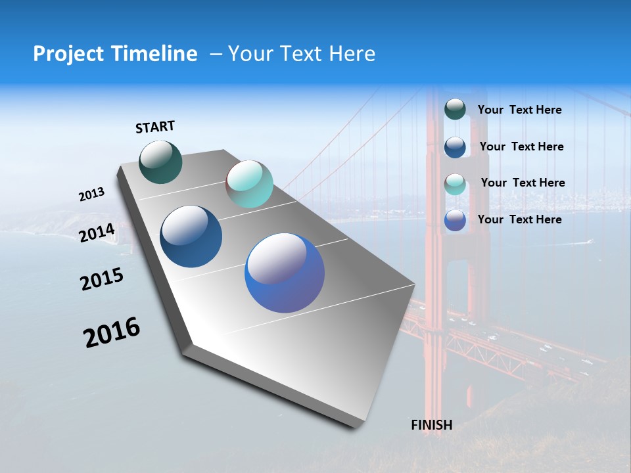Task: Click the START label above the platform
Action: click(x=155, y=127)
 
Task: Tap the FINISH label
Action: click(x=432, y=425)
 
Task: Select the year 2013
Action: click(x=91, y=194)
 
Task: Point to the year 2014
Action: click(x=97, y=233)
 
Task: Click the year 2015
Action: click(x=102, y=279)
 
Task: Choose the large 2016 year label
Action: click(x=112, y=332)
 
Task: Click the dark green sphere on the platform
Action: click(x=161, y=162)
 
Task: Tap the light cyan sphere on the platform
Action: click(x=249, y=184)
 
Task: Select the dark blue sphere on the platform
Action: click(x=191, y=236)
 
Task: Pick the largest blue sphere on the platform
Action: click(x=285, y=273)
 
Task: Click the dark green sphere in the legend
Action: click(x=455, y=109)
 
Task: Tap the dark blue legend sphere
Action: click(x=455, y=146)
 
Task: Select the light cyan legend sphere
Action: click(x=455, y=184)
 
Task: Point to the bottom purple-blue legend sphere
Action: click(x=455, y=220)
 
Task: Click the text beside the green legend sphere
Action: click(x=519, y=110)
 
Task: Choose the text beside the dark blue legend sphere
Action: click(x=521, y=147)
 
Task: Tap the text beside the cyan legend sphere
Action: click(x=523, y=183)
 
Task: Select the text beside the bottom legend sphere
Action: click(x=519, y=219)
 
